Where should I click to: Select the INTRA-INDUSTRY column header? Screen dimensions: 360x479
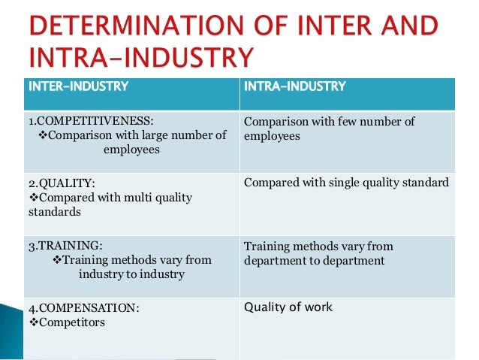tap(295, 86)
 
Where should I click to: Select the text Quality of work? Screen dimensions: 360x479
tap(288, 307)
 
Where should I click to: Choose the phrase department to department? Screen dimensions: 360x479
tap(314, 261)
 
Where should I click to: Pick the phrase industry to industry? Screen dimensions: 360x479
tap(132, 274)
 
